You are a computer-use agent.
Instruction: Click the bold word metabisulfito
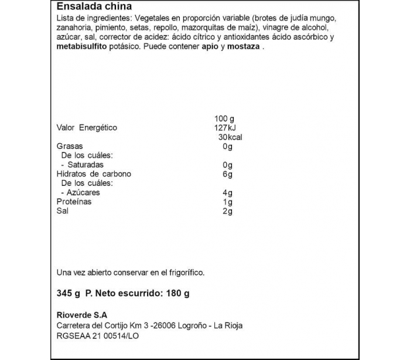[81, 48]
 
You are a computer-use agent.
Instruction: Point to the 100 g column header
[224, 118]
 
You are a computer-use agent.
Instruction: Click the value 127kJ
[225, 128]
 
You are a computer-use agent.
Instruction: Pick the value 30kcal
[229, 137]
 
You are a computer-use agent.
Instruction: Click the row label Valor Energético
[87, 128]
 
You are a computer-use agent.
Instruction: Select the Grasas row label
[69, 146]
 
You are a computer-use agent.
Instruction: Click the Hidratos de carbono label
[94, 174]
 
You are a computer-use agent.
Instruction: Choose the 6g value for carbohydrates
[228, 174]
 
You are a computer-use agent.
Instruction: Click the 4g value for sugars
[228, 192]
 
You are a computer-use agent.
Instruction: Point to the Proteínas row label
[74, 202]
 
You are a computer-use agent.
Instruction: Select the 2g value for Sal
[228, 211]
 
